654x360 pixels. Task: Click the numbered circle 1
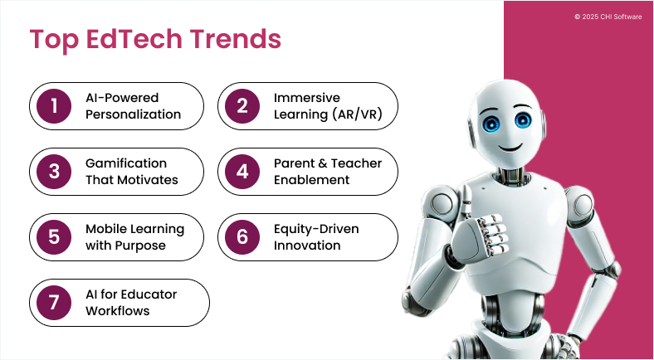(x=55, y=106)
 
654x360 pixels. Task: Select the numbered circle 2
(x=242, y=106)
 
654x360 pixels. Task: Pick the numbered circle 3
(x=55, y=172)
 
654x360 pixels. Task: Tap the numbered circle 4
(x=242, y=172)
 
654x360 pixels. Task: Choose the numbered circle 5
(x=55, y=237)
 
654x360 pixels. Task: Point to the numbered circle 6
(x=242, y=237)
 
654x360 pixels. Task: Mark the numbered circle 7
(x=55, y=303)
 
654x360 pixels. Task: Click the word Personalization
(x=133, y=114)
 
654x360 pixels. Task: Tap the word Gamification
(x=126, y=163)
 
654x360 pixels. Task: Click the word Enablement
(x=311, y=180)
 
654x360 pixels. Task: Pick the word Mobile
(x=105, y=229)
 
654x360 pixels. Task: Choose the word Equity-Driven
(x=316, y=229)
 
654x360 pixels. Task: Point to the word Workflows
(x=118, y=311)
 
